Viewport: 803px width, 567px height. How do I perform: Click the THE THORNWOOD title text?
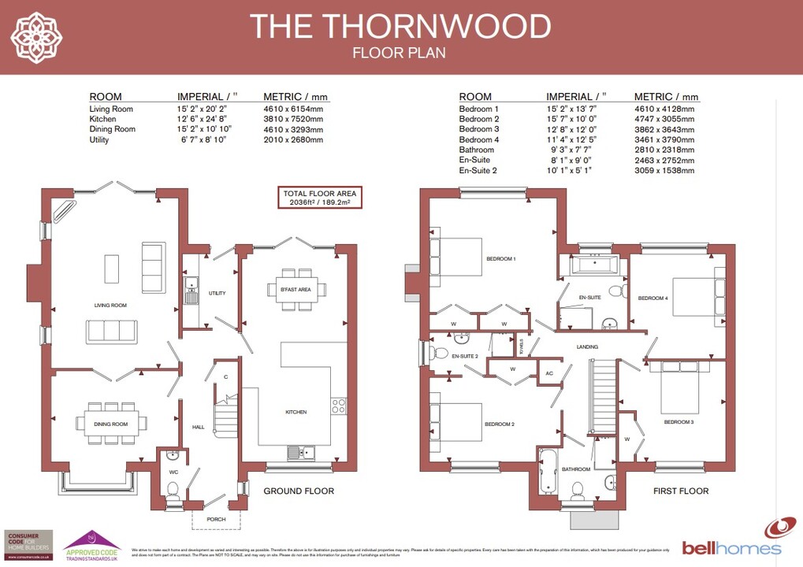(x=400, y=26)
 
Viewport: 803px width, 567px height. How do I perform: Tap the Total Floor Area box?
(x=319, y=198)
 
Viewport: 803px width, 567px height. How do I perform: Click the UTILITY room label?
(x=217, y=293)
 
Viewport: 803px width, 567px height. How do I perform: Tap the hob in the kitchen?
(x=339, y=406)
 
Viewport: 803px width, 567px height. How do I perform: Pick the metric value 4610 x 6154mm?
(x=293, y=109)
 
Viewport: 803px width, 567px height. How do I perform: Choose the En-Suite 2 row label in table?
(x=478, y=170)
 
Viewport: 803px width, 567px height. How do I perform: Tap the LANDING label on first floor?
(x=587, y=346)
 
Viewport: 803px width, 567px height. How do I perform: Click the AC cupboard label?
(x=549, y=373)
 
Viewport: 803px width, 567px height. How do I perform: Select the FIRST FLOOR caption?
(x=681, y=491)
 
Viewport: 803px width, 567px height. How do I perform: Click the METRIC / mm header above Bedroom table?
(x=666, y=97)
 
